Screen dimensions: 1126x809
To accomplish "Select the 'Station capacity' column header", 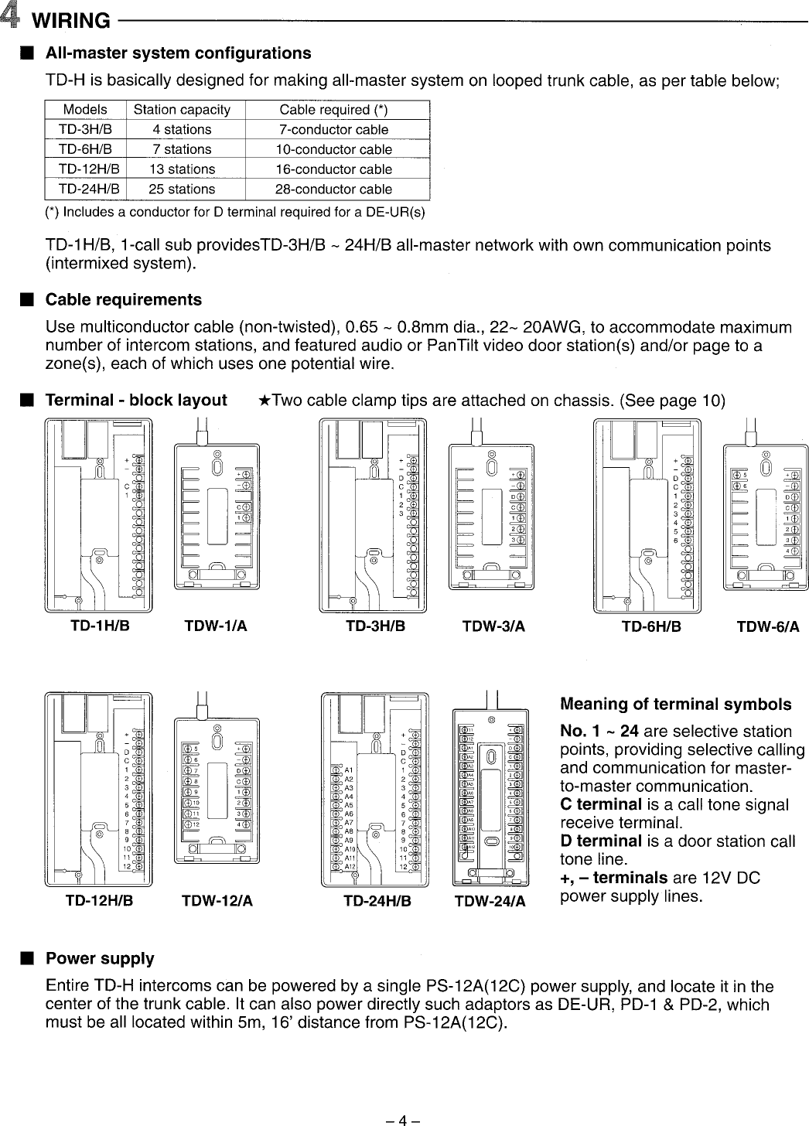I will pyautogui.click(x=182, y=110).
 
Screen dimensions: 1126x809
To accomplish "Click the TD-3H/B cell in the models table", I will pyautogui.click(x=85, y=129).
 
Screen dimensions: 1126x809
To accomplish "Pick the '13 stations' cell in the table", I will pyautogui.click(x=182, y=169).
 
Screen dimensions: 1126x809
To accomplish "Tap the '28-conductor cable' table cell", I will pyautogui.click(x=333, y=189).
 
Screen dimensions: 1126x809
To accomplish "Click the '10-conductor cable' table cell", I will pyautogui.click(x=333, y=149).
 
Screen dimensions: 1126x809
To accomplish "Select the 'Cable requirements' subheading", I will pyautogui.click(x=124, y=300).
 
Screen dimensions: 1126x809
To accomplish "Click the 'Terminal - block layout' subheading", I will pyautogui.click(x=136, y=401).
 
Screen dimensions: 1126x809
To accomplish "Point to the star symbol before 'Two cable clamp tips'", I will pyautogui.click(x=265, y=401).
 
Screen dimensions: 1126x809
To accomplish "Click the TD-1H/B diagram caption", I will pyautogui.click(x=100, y=626).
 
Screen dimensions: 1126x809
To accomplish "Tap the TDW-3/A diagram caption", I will pyautogui.click(x=493, y=627).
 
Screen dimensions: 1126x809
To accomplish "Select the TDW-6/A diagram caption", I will pyautogui.click(x=768, y=627).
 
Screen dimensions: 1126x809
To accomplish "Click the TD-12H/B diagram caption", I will pyautogui.click(x=99, y=901).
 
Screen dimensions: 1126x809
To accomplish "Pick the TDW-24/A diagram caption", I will pyautogui.click(x=490, y=902).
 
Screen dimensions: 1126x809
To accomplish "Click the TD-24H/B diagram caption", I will pyautogui.click(x=377, y=901).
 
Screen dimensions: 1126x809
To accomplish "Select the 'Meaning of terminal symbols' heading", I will pyautogui.click(x=675, y=705).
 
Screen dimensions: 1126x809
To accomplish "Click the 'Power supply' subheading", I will pyautogui.click(x=100, y=959).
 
